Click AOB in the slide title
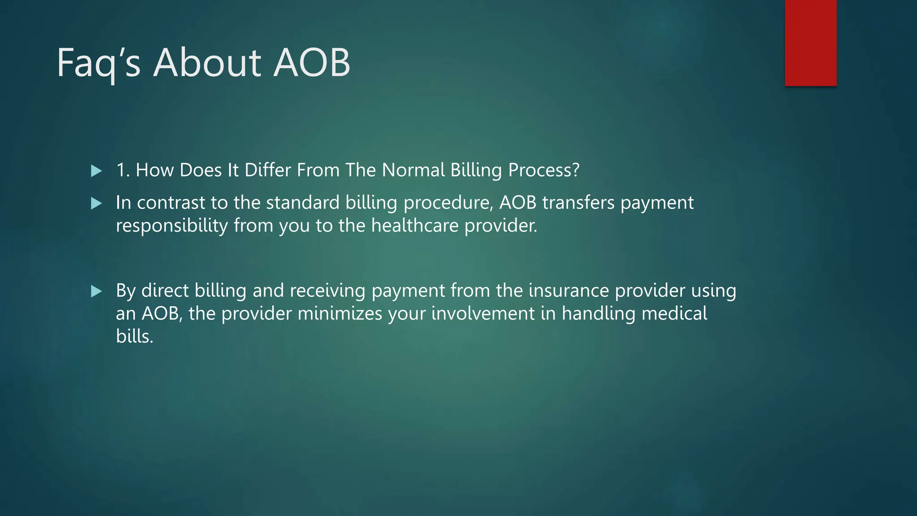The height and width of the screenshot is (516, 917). (x=312, y=63)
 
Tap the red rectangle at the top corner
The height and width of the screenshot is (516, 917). (x=810, y=43)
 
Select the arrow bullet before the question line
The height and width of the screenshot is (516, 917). (x=96, y=171)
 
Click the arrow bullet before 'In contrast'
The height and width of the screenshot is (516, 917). (x=96, y=204)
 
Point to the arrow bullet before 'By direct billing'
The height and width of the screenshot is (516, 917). (x=96, y=292)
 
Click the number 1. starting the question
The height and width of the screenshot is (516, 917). (x=123, y=170)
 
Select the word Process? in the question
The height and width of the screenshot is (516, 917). (x=544, y=170)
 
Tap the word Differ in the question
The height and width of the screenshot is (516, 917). (x=267, y=170)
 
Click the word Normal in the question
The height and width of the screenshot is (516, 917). (x=413, y=170)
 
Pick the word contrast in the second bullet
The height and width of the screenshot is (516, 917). (x=171, y=203)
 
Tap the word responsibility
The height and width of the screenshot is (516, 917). (x=172, y=226)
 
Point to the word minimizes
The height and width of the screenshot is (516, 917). (x=340, y=314)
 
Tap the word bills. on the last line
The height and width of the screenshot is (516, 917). (x=134, y=336)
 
